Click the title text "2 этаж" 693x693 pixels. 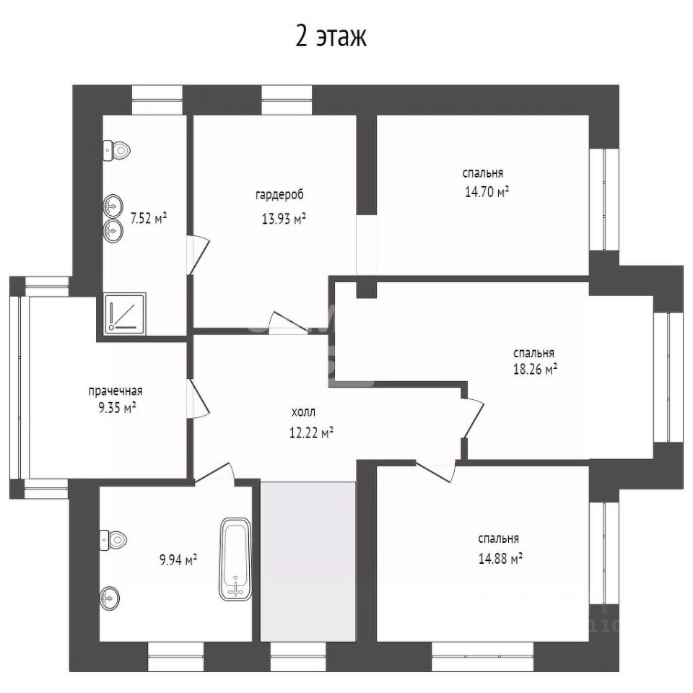point(331,37)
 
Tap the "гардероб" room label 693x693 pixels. point(280,194)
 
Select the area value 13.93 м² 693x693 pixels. point(284,218)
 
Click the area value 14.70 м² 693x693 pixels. point(487,192)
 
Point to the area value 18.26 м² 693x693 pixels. point(535,369)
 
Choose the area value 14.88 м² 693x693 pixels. point(500,559)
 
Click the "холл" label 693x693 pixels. point(304,412)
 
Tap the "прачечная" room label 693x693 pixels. point(115,391)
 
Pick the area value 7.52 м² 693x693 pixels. point(149,218)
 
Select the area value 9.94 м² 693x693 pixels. point(178,560)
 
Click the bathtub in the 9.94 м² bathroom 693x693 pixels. point(235,559)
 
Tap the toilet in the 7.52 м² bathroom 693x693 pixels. point(117,151)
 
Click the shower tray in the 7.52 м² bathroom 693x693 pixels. point(126,313)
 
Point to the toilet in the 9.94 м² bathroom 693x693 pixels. point(113,540)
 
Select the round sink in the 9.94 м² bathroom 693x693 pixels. point(109,598)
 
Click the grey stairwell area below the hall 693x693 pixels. point(308,562)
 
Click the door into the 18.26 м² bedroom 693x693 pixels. point(473,418)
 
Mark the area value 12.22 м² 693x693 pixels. point(311,432)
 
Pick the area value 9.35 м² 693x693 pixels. point(117,407)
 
